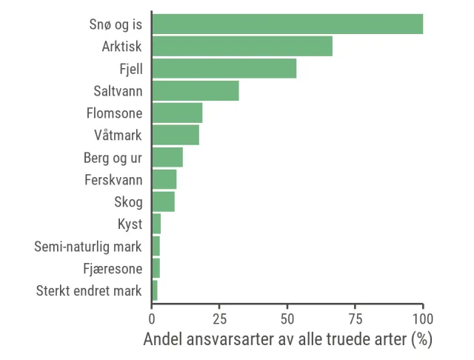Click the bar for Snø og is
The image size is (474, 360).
point(287,24)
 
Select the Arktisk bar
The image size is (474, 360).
point(242,46)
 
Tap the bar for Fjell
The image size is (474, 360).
point(224,68)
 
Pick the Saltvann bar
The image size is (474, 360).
point(196,90)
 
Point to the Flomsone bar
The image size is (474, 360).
point(177,113)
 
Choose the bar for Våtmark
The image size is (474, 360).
point(176,135)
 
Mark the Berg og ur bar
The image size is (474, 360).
point(167,157)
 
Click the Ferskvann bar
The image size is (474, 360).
point(164,179)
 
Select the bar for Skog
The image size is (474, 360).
point(163,201)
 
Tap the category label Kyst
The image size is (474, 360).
point(130,224)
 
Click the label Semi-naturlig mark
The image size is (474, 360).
point(88,246)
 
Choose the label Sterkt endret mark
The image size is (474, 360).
point(89,290)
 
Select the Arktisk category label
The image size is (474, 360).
point(122,46)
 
